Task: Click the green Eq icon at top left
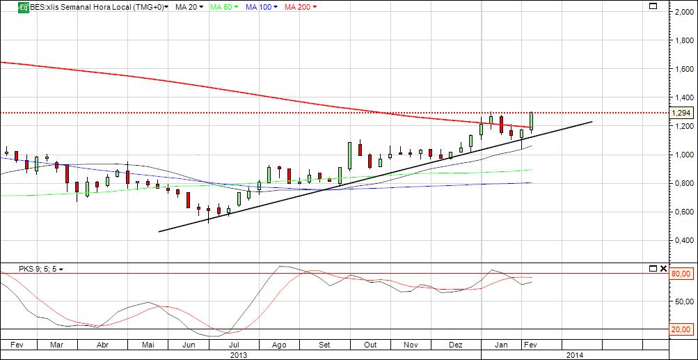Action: pos(23,7)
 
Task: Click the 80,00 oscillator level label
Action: pos(681,274)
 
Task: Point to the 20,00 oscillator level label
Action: pos(681,329)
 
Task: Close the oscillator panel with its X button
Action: pos(663,269)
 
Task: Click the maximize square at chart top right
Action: pos(653,6)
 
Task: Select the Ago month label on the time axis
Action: pos(279,345)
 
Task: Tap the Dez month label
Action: pos(456,345)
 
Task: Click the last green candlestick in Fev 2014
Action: pos(532,120)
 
